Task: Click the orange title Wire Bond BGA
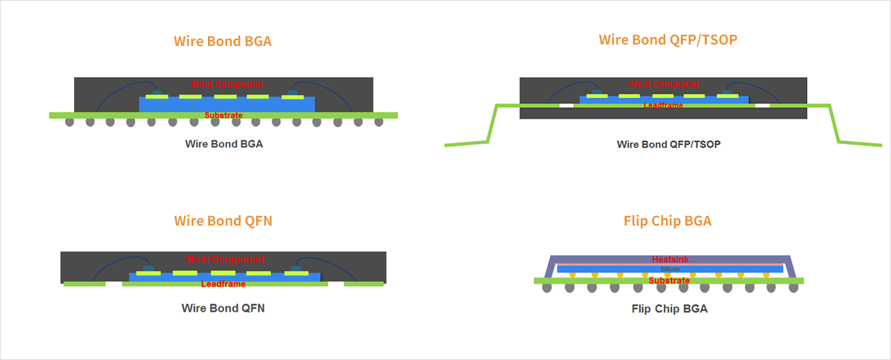(223, 41)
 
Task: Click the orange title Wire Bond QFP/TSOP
(668, 39)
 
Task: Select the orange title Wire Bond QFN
(223, 220)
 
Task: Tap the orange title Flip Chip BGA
(668, 220)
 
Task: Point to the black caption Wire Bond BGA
(224, 144)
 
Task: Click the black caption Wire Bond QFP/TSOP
(669, 144)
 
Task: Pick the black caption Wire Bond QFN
(223, 307)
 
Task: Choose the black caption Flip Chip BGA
(669, 308)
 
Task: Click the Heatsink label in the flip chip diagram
(669, 259)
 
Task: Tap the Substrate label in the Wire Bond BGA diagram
(223, 115)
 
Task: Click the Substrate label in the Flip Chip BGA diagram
(669, 281)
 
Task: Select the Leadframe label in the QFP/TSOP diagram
(663, 105)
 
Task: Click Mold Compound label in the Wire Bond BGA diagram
(227, 84)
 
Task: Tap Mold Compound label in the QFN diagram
(225, 259)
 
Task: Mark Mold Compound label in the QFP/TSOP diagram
(664, 84)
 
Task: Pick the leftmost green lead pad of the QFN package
(84, 284)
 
